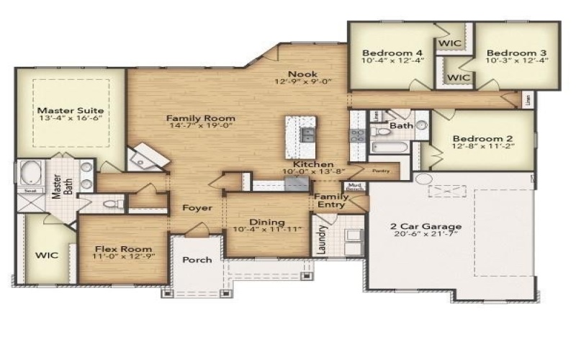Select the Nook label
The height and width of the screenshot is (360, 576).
(x=302, y=73)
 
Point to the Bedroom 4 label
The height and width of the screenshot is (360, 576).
(x=392, y=53)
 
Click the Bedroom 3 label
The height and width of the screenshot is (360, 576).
(x=516, y=53)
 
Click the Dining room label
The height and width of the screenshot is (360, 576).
(x=266, y=222)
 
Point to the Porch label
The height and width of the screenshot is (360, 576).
(x=197, y=260)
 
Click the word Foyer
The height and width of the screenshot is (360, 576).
(x=197, y=208)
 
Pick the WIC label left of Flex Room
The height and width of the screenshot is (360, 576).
(x=46, y=255)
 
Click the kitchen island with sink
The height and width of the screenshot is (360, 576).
(x=302, y=135)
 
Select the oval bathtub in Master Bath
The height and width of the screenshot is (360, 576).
(x=31, y=174)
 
